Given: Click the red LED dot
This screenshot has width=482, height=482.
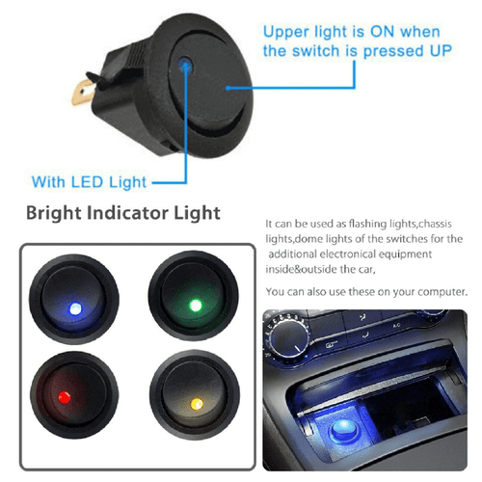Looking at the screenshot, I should (64, 396).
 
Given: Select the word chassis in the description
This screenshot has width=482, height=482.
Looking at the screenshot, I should (446, 222).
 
